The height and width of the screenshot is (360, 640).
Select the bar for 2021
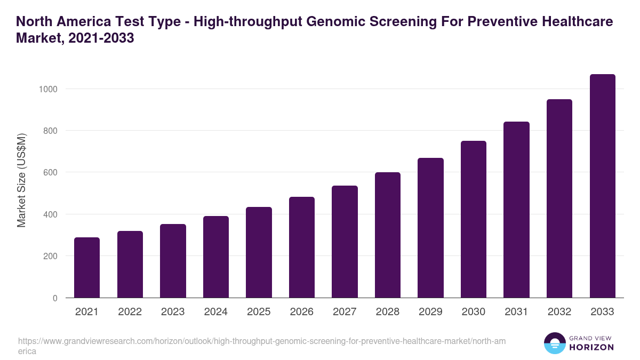(87, 268)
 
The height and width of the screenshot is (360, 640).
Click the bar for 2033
(602, 186)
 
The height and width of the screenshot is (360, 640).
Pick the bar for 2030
(474, 219)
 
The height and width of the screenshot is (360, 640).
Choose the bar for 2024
(216, 257)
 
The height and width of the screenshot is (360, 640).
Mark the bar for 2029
(430, 228)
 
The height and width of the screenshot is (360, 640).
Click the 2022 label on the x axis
(130, 312)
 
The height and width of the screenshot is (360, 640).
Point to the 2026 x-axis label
(301, 312)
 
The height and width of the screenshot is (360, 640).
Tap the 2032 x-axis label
(559, 312)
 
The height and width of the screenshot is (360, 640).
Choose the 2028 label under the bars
(387, 312)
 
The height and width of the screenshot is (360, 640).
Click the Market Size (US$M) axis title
(21, 180)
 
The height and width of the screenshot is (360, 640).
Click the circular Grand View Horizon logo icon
(554, 343)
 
